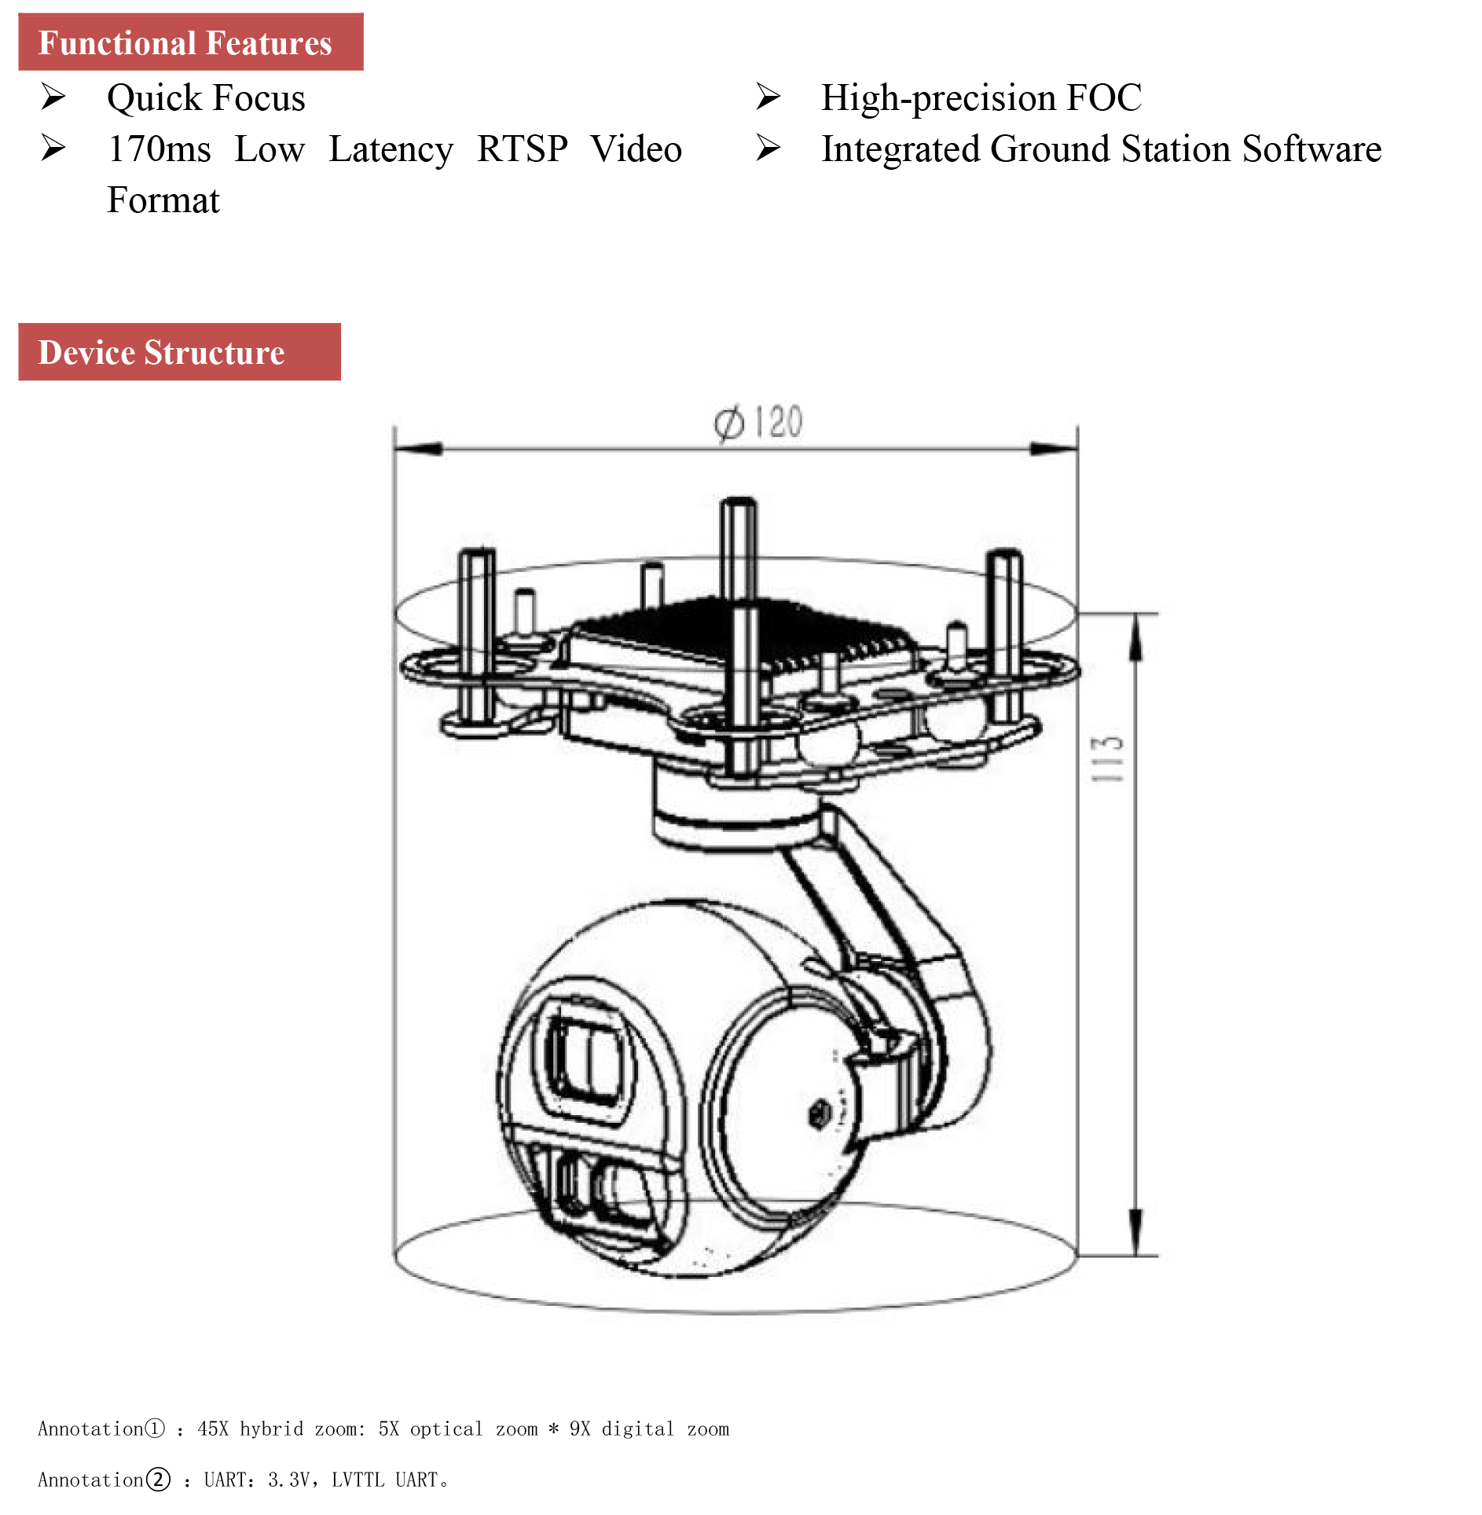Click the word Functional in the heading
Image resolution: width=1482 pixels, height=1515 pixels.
pos(116,43)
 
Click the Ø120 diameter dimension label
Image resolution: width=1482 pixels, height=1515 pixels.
pos(758,423)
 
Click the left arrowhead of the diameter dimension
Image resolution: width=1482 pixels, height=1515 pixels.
pos(416,449)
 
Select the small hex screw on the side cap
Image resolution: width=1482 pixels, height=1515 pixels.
pos(818,1113)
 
